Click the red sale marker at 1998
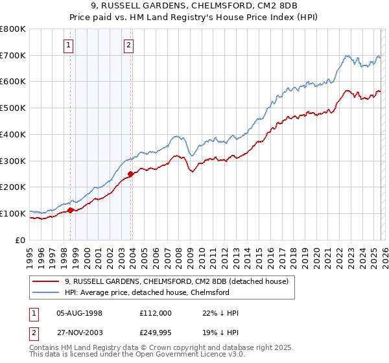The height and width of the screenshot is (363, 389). [x=70, y=210]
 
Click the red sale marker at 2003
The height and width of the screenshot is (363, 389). [x=131, y=174]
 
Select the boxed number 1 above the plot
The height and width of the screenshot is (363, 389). [x=69, y=45]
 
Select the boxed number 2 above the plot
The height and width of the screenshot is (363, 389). [x=129, y=45]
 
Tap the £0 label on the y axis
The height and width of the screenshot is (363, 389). [x=20, y=240]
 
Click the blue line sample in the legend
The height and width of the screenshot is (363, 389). [x=47, y=293]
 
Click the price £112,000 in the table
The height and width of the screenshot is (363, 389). [x=156, y=313]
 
